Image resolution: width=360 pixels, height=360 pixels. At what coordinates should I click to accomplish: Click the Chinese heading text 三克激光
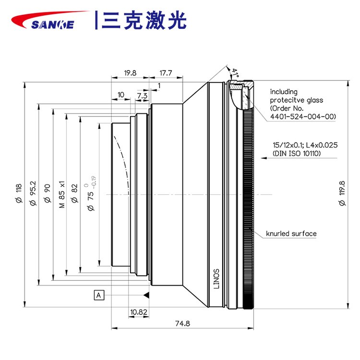144,20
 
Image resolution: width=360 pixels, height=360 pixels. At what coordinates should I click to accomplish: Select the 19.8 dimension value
130,73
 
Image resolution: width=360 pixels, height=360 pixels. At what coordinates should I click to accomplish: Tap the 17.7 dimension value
166,73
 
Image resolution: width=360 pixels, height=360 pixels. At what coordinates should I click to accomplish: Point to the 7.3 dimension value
142,96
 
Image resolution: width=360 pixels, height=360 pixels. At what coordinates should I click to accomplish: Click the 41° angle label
235,73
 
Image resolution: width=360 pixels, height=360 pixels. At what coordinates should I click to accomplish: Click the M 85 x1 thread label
61,194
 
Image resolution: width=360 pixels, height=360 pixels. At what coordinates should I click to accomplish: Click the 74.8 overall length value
183,324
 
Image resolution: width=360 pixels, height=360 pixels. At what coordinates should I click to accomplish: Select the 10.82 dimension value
138,312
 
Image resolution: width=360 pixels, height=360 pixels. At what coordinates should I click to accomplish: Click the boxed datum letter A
99,295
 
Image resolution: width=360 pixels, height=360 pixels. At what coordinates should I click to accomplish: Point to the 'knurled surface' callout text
291,234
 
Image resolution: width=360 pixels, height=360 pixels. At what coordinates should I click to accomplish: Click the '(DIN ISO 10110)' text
296,154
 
